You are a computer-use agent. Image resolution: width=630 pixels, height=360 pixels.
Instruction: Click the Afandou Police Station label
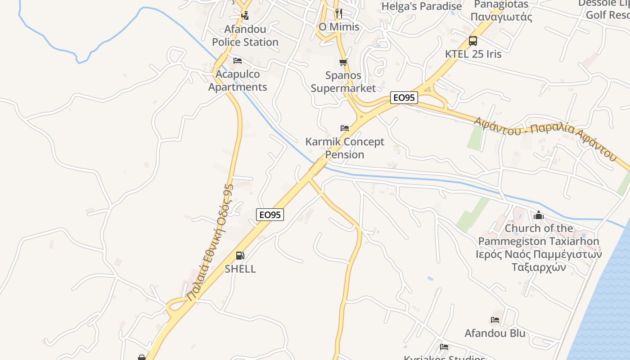[245, 36]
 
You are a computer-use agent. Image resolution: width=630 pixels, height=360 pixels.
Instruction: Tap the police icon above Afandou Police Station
[245, 16]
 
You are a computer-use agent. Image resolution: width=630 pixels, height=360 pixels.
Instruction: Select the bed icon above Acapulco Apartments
[238, 61]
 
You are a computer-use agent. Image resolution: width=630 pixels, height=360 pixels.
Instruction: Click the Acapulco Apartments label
[238, 81]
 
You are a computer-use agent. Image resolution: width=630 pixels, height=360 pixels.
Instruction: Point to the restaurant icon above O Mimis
[339, 13]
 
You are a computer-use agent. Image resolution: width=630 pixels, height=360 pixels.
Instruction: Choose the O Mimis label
[339, 27]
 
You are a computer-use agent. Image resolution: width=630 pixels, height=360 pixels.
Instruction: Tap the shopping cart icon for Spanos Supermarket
[343, 62]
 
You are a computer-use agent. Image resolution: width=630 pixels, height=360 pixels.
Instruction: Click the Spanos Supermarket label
[343, 81]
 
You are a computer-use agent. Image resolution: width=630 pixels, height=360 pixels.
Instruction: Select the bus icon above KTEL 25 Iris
[473, 41]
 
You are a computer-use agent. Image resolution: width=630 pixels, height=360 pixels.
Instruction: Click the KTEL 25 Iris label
[473, 54]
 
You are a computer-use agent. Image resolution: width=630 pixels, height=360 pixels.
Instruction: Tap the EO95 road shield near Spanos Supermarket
[404, 98]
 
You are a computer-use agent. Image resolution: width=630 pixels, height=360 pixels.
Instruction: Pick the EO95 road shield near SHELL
[270, 215]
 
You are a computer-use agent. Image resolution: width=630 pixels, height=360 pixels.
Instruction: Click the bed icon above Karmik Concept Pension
[345, 128]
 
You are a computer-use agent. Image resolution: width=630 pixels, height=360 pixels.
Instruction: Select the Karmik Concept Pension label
[345, 148]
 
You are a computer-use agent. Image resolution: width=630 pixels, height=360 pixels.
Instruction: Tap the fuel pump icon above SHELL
[240, 256]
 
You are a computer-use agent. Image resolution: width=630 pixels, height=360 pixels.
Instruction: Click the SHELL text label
[240, 269]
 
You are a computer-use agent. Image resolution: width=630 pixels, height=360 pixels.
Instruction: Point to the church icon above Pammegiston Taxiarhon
[539, 216]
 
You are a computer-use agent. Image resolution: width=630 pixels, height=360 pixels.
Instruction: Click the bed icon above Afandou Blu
[495, 320]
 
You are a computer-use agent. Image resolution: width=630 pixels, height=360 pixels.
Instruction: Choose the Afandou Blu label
[495, 333]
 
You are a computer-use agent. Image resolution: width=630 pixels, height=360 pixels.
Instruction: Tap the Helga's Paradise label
[422, 6]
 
